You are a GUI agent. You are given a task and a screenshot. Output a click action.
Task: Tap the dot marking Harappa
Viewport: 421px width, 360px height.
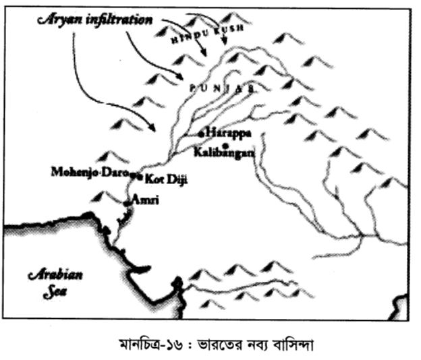coord(202,133)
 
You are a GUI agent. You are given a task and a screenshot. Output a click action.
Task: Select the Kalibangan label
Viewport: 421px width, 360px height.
coord(223,153)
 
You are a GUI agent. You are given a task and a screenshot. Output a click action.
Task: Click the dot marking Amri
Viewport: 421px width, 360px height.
coord(128,202)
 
